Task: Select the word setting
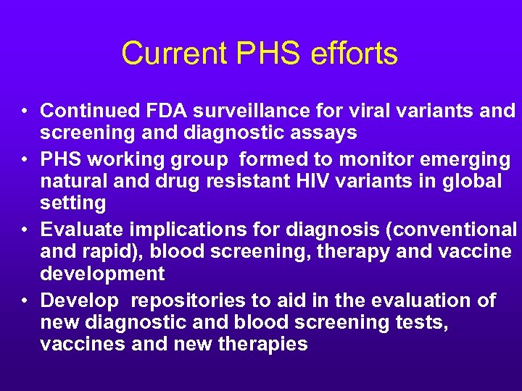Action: (73, 202)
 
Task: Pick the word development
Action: (102, 273)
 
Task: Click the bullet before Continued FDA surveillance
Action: (24, 112)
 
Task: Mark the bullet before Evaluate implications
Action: (24, 230)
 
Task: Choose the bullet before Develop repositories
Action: (24, 300)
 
